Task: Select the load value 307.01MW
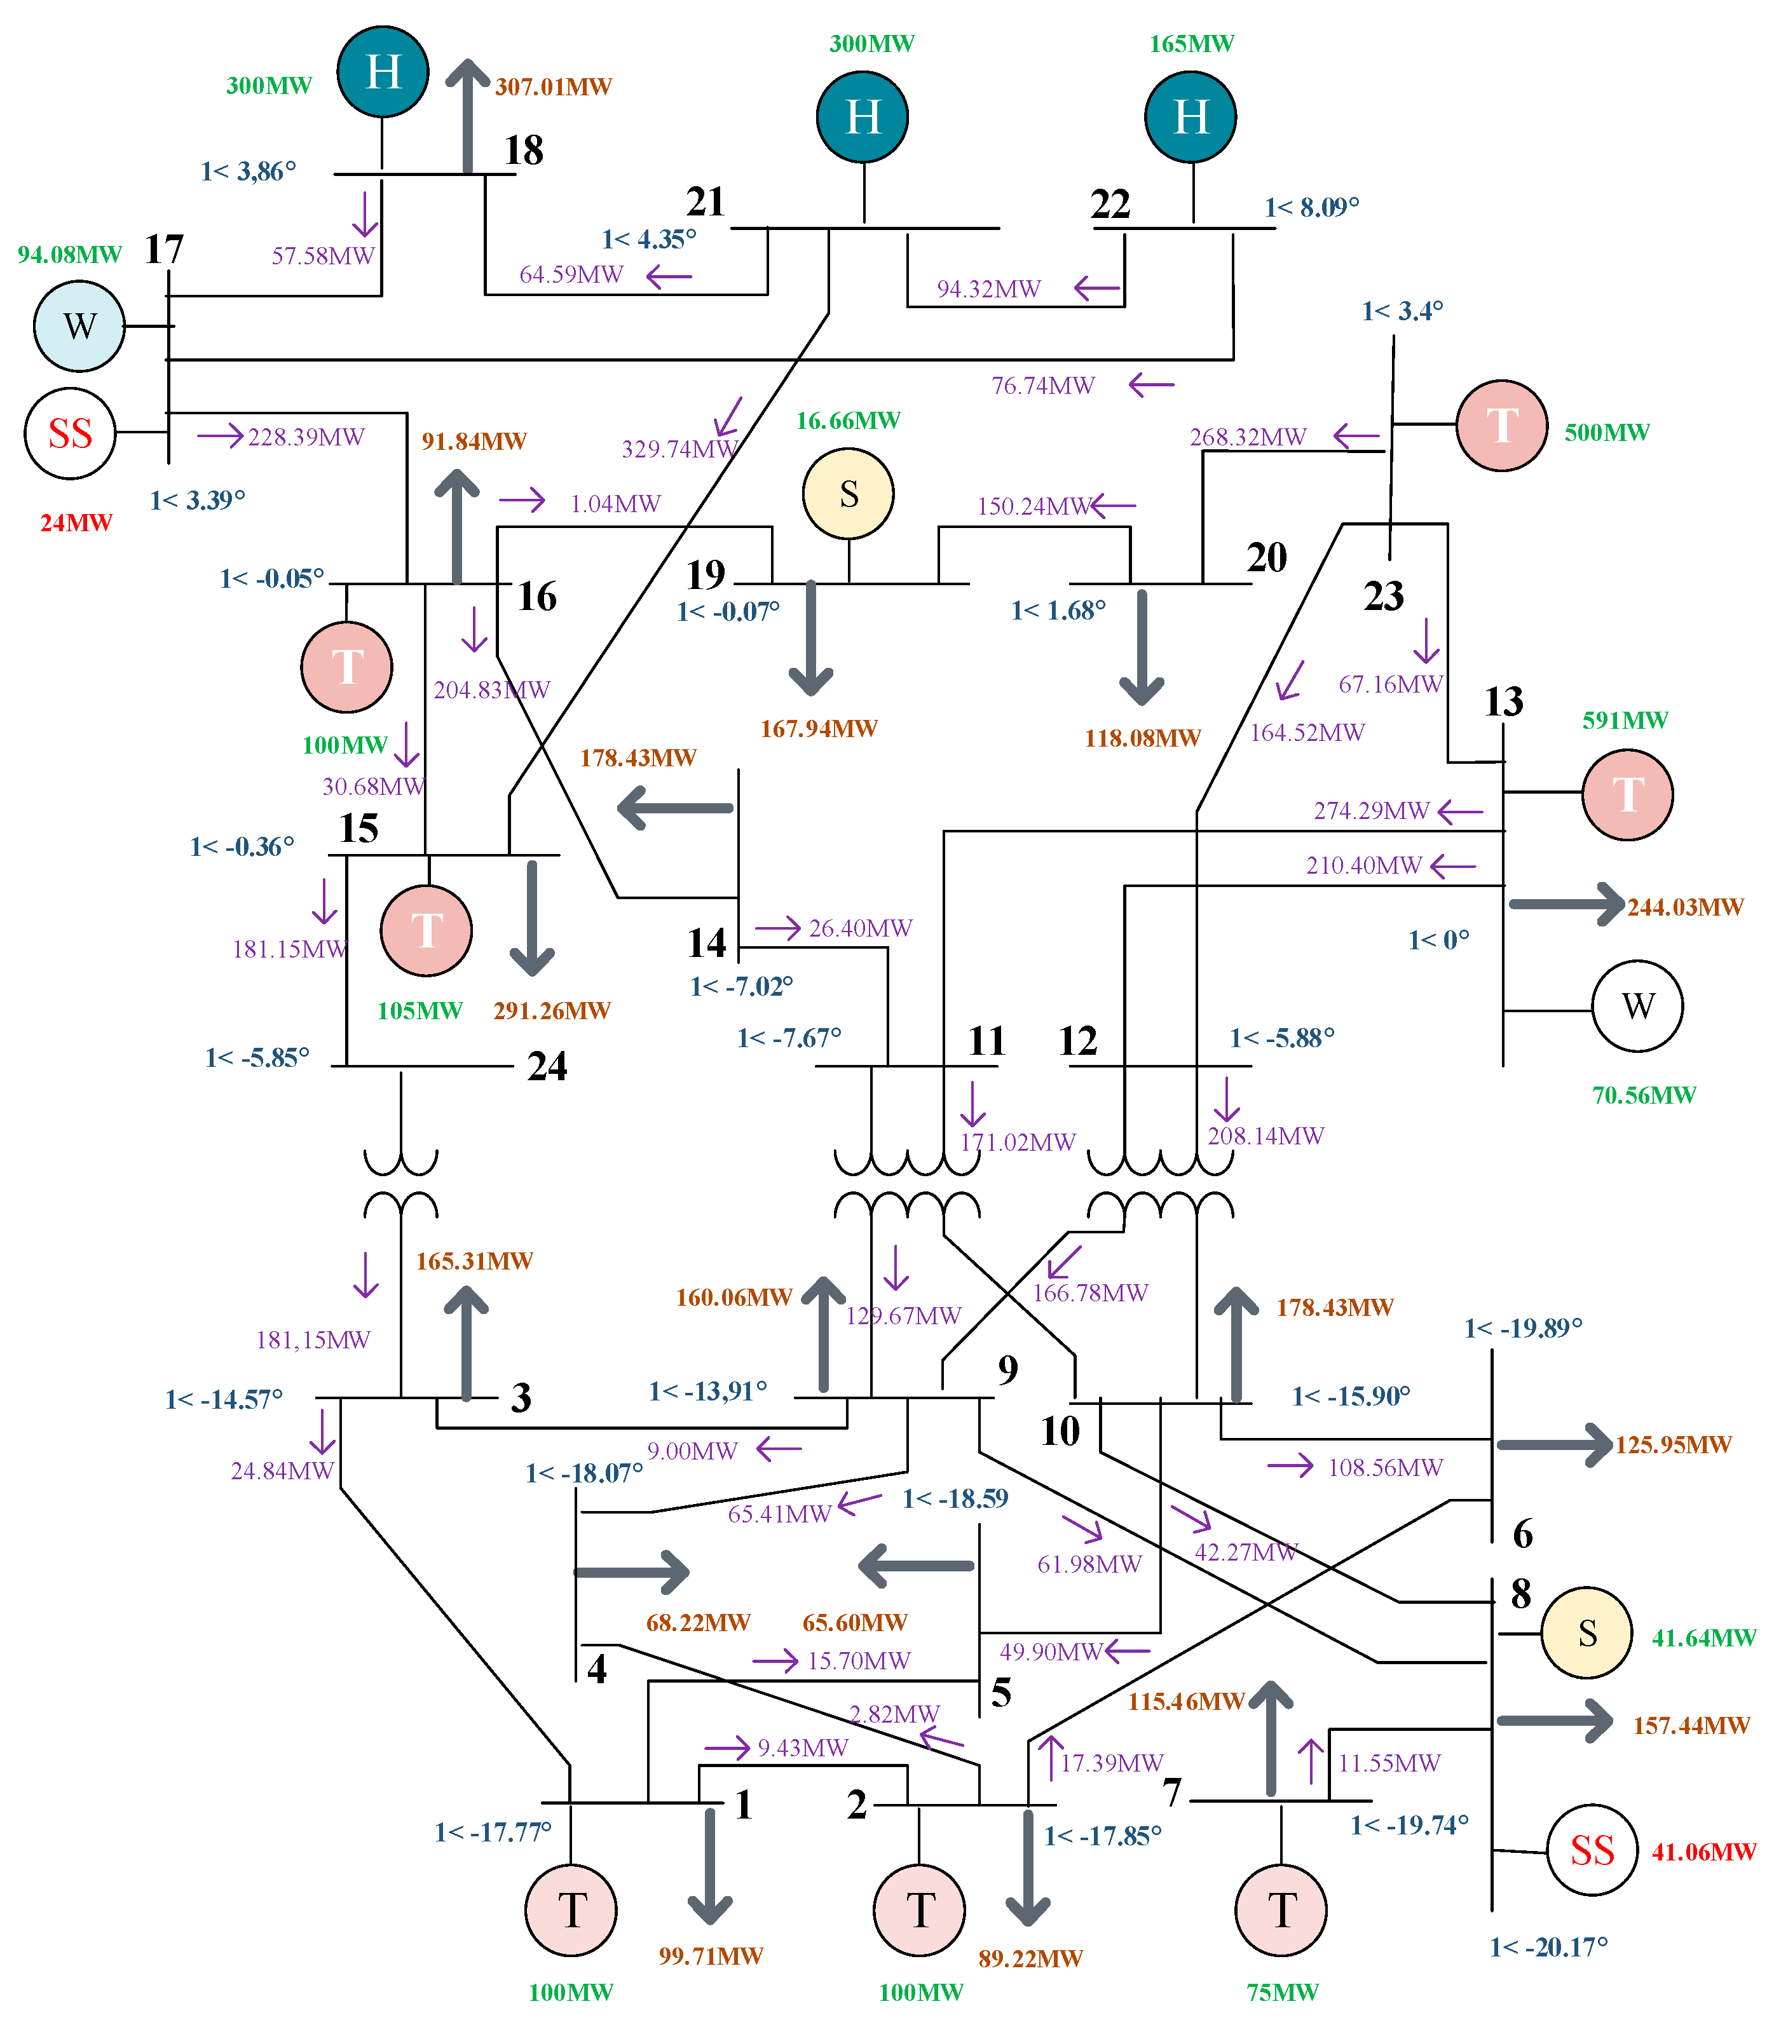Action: (554, 87)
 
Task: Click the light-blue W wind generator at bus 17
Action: (79, 326)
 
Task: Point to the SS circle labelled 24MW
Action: (69, 433)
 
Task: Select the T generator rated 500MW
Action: (1501, 425)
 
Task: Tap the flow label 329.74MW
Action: (680, 449)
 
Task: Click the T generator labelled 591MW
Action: (1627, 794)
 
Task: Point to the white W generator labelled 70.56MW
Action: (1637, 1005)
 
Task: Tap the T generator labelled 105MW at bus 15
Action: (426, 930)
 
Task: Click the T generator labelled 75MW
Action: (1280, 1910)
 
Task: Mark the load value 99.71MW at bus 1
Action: (711, 1956)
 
